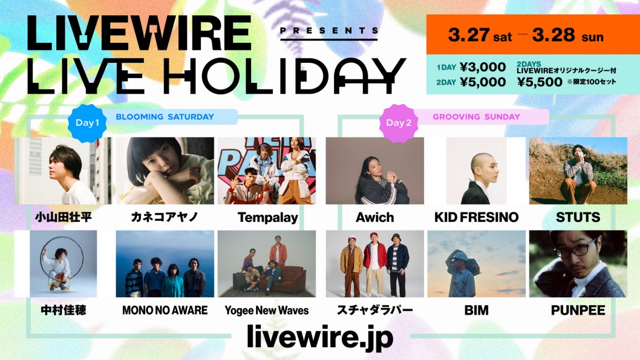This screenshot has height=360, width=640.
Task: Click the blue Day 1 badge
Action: tap(87, 122)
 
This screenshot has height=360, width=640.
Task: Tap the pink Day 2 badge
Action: tap(399, 123)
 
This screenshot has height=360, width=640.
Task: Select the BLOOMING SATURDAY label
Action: tap(165, 117)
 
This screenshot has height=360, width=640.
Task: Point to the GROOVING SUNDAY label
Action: tap(476, 117)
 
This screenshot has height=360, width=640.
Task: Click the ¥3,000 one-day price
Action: tap(483, 67)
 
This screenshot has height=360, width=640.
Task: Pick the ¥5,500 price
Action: tap(540, 82)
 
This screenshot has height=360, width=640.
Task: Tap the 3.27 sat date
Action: tap(480, 35)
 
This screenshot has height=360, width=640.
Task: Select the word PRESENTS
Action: tap(329, 31)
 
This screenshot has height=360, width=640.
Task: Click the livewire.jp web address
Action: tap(320, 337)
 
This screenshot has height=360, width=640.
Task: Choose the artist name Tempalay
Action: tap(268, 218)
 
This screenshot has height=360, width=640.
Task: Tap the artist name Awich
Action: tap(375, 217)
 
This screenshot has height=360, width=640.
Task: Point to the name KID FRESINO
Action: tap(476, 217)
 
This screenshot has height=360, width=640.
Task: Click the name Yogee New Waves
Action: tap(266, 311)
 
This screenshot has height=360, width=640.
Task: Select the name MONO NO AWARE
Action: tap(165, 310)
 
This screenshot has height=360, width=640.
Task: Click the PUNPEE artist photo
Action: tap(578, 264)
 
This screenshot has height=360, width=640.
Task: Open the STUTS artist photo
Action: tap(578, 171)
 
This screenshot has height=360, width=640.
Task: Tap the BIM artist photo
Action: tap(476, 264)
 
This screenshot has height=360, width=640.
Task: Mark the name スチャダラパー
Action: tap(375, 310)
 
